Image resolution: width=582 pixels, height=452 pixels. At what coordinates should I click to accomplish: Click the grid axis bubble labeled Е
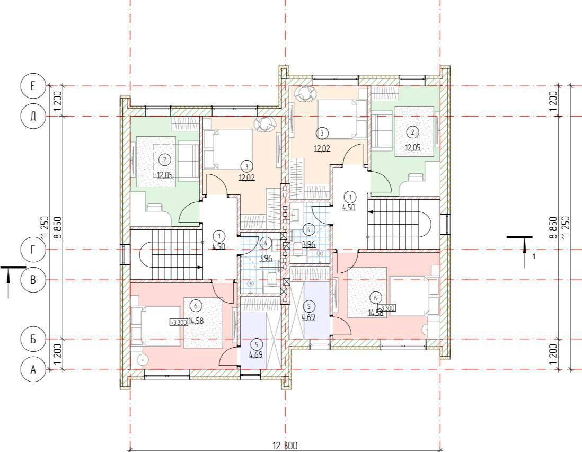[x=33, y=86]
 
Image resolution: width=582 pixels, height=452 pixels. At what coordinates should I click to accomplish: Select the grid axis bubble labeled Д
[x=33, y=116]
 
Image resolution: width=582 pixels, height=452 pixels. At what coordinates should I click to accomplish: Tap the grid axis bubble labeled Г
[x=33, y=250]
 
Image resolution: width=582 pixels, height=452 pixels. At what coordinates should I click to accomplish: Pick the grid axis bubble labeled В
[x=33, y=280]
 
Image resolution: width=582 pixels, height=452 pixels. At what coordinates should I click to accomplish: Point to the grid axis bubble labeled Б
[x=33, y=339]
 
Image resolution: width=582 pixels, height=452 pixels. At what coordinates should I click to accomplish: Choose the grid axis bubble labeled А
[x=33, y=370]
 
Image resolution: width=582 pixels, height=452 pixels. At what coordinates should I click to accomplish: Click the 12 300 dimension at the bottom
[x=285, y=445]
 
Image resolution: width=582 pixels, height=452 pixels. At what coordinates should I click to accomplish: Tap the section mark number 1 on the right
[x=534, y=256]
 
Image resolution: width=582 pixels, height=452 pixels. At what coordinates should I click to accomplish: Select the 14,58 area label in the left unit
[x=196, y=321]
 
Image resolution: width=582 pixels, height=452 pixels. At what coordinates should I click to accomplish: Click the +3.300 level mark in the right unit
[x=386, y=308]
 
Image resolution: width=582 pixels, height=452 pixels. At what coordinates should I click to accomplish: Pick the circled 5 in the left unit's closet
[x=256, y=344]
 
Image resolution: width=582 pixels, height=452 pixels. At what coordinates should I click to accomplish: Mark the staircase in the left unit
[x=166, y=254]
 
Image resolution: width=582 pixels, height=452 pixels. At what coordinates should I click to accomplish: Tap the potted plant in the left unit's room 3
[x=264, y=125]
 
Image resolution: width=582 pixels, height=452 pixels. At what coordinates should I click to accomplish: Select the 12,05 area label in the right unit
[x=412, y=147]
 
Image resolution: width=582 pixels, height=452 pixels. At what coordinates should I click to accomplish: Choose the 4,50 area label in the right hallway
[x=349, y=207]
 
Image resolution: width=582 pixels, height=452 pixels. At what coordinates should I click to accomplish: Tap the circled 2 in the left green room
[x=164, y=161]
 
